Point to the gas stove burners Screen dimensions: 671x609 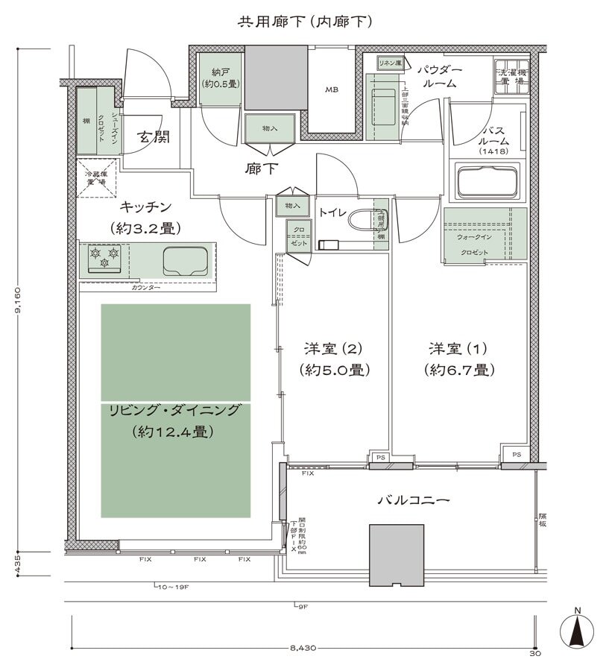104,258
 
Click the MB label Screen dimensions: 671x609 331,89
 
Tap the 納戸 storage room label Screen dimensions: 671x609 220,78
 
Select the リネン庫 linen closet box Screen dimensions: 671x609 389,63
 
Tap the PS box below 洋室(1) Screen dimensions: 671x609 515,454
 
